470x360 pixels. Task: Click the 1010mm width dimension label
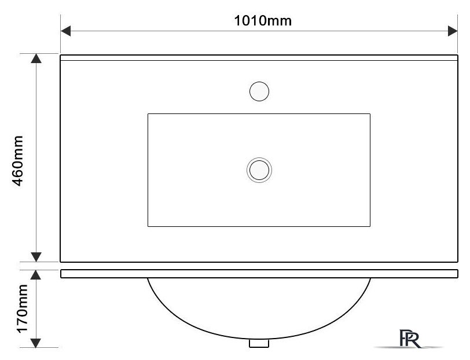[x=262, y=21]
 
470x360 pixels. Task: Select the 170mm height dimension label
[x=22, y=309]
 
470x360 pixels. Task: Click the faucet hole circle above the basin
[x=259, y=91]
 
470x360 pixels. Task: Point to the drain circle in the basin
[x=259, y=170]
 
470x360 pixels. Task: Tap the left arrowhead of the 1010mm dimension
[x=65, y=31]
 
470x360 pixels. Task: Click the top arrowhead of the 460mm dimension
[x=36, y=58]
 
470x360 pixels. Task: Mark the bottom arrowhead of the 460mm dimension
[x=36, y=257]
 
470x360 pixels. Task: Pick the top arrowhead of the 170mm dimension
[x=36, y=274]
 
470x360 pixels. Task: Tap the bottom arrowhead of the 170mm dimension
[x=36, y=343]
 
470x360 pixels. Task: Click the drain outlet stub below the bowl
[x=259, y=343]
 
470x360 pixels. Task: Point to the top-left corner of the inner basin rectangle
[x=148, y=114]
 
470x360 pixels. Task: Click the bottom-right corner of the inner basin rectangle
[x=370, y=226]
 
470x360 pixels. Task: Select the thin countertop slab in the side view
[x=259, y=274]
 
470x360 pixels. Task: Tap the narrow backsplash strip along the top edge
[x=259, y=58]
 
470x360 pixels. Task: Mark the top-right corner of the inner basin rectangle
[x=370, y=114]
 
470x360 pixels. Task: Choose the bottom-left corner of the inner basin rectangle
[x=148, y=226]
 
